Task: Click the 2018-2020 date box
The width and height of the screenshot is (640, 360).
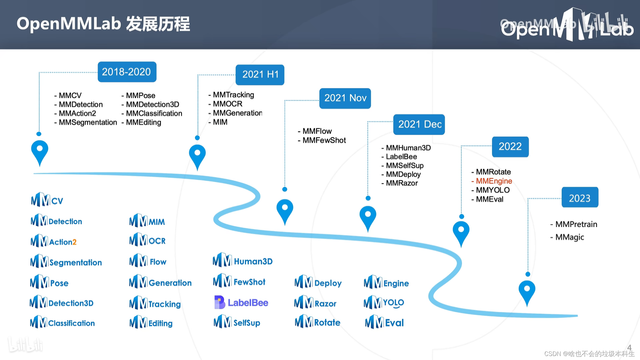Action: (x=127, y=72)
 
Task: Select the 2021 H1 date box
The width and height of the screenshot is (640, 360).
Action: (x=260, y=74)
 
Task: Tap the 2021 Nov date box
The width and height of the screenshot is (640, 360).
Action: (x=345, y=98)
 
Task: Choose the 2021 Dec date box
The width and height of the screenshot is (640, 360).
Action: (x=419, y=124)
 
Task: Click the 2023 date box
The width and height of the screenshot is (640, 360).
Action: (x=580, y=198)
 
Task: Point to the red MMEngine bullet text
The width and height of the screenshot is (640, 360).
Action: (x=493, y=181)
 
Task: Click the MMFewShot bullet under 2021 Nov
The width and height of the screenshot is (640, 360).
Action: (x=324, y=140)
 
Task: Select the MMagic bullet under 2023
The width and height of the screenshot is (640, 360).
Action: (x=569, y=237)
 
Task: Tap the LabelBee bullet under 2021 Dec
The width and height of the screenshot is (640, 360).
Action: (x=401, y=157)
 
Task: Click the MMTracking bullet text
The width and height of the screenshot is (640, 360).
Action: (x=233, y=95)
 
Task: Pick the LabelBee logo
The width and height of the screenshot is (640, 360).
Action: (x=241, y=302)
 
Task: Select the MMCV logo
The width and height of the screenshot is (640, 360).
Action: (x=47, y=200)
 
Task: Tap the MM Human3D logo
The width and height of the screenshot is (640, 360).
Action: (x=242, y=261)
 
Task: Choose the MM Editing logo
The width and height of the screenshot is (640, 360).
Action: (x=151, y=323)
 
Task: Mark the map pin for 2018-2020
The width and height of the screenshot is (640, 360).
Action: (x=39, y=151)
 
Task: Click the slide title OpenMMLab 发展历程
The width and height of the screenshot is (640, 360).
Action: (x=103, y=24)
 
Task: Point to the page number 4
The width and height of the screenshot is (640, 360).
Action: (x=629, y=347)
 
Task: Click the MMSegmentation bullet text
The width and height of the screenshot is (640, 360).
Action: (x=87, y=122)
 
